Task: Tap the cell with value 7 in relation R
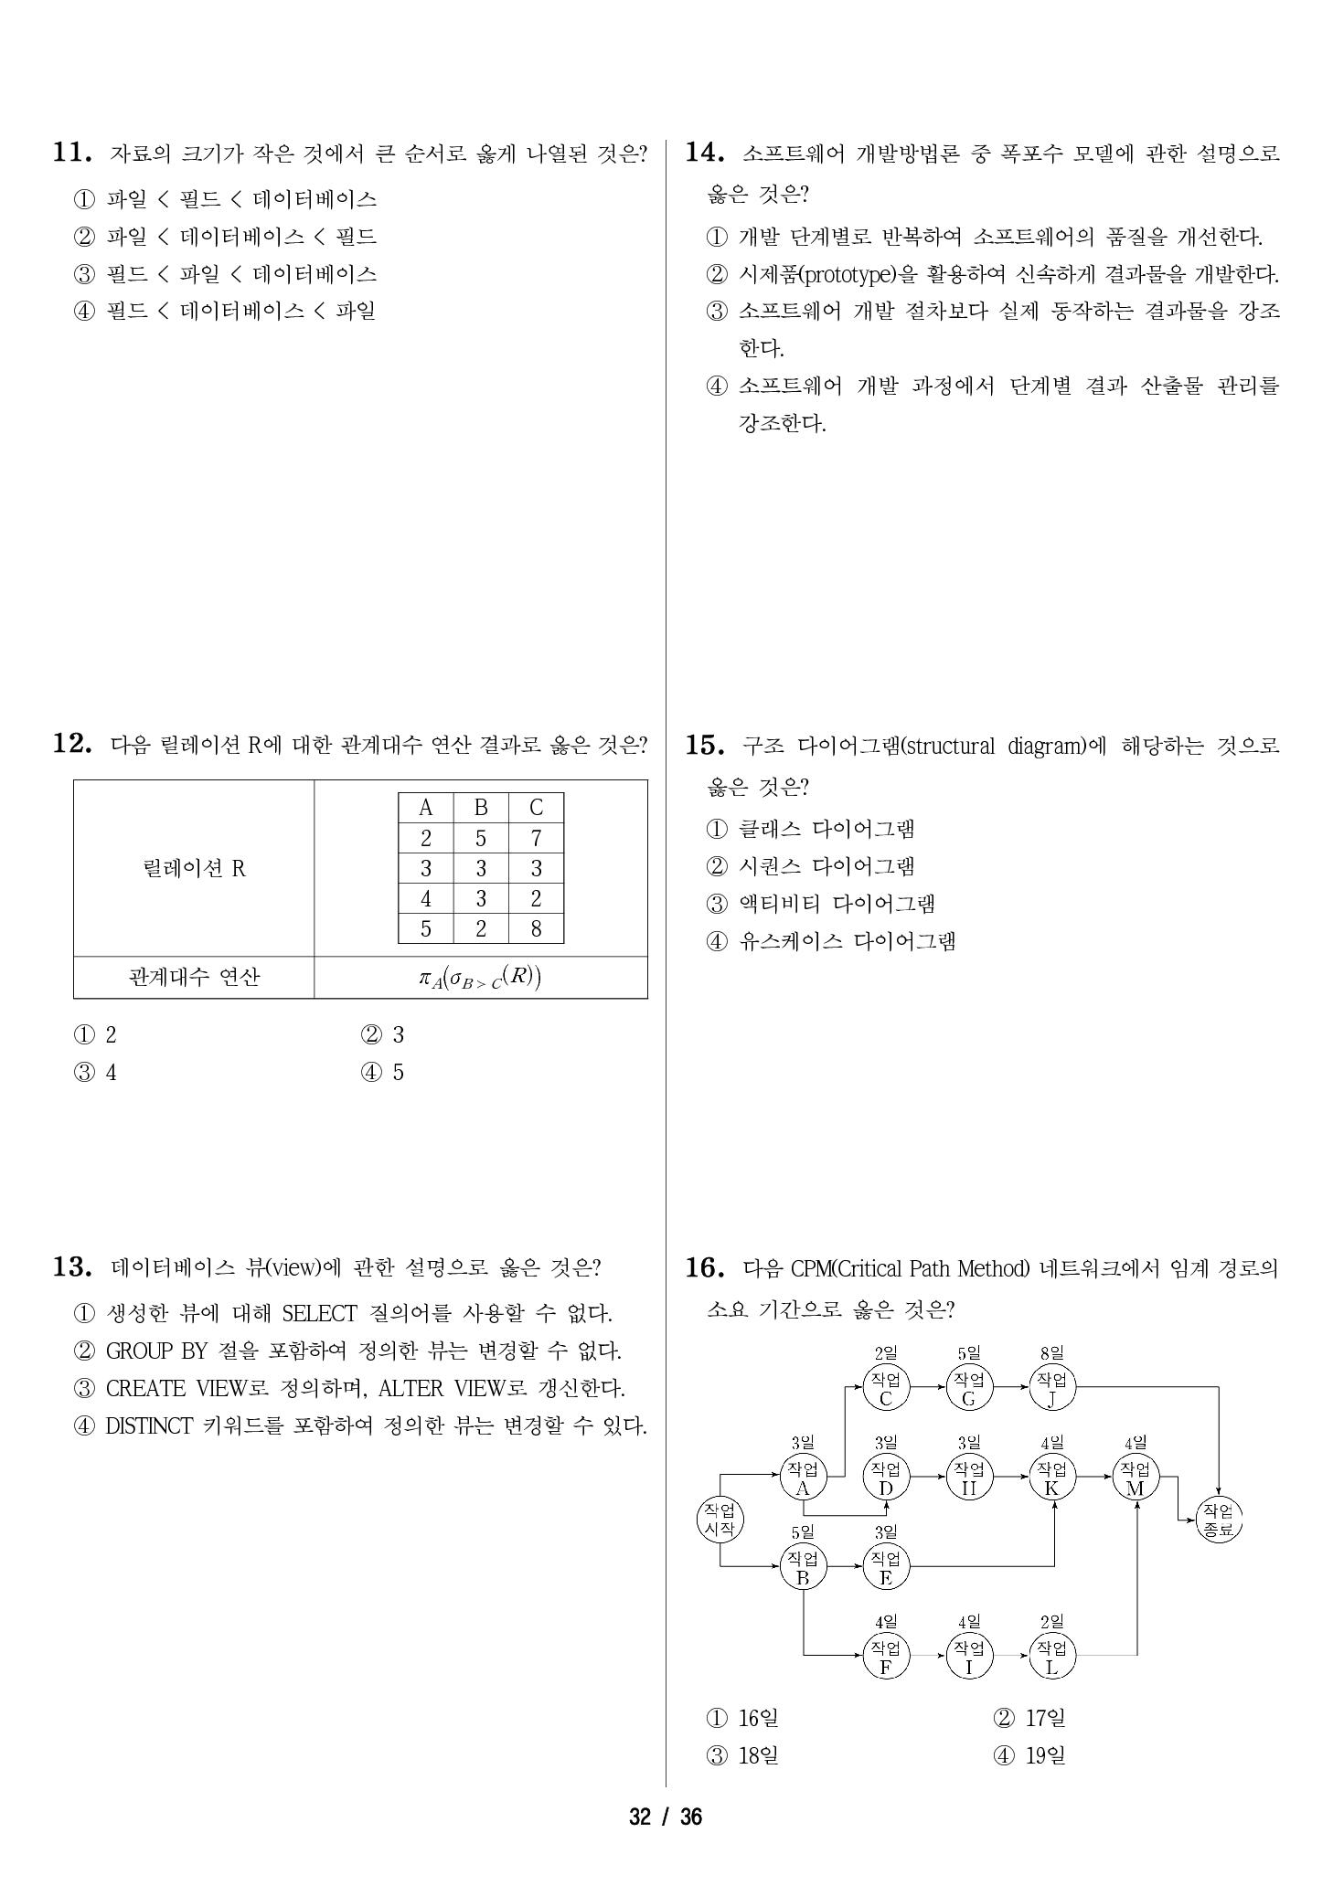[x=536, y=839]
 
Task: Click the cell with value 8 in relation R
[x=536, y=929]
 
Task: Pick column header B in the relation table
[x=481, y=808]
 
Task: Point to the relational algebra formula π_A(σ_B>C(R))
[x=480, y=978]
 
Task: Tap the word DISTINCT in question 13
[x=149, y=1426]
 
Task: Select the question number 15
[x=705, y=746]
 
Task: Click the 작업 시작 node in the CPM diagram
[x=720, y=1520]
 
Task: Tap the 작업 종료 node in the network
[x=1219, y=1520]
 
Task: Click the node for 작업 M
[x=1136, y=1478]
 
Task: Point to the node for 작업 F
[x=885, y=1657]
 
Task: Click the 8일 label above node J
[x=1051, y=1352]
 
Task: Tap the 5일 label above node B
[x=803, y=1532]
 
